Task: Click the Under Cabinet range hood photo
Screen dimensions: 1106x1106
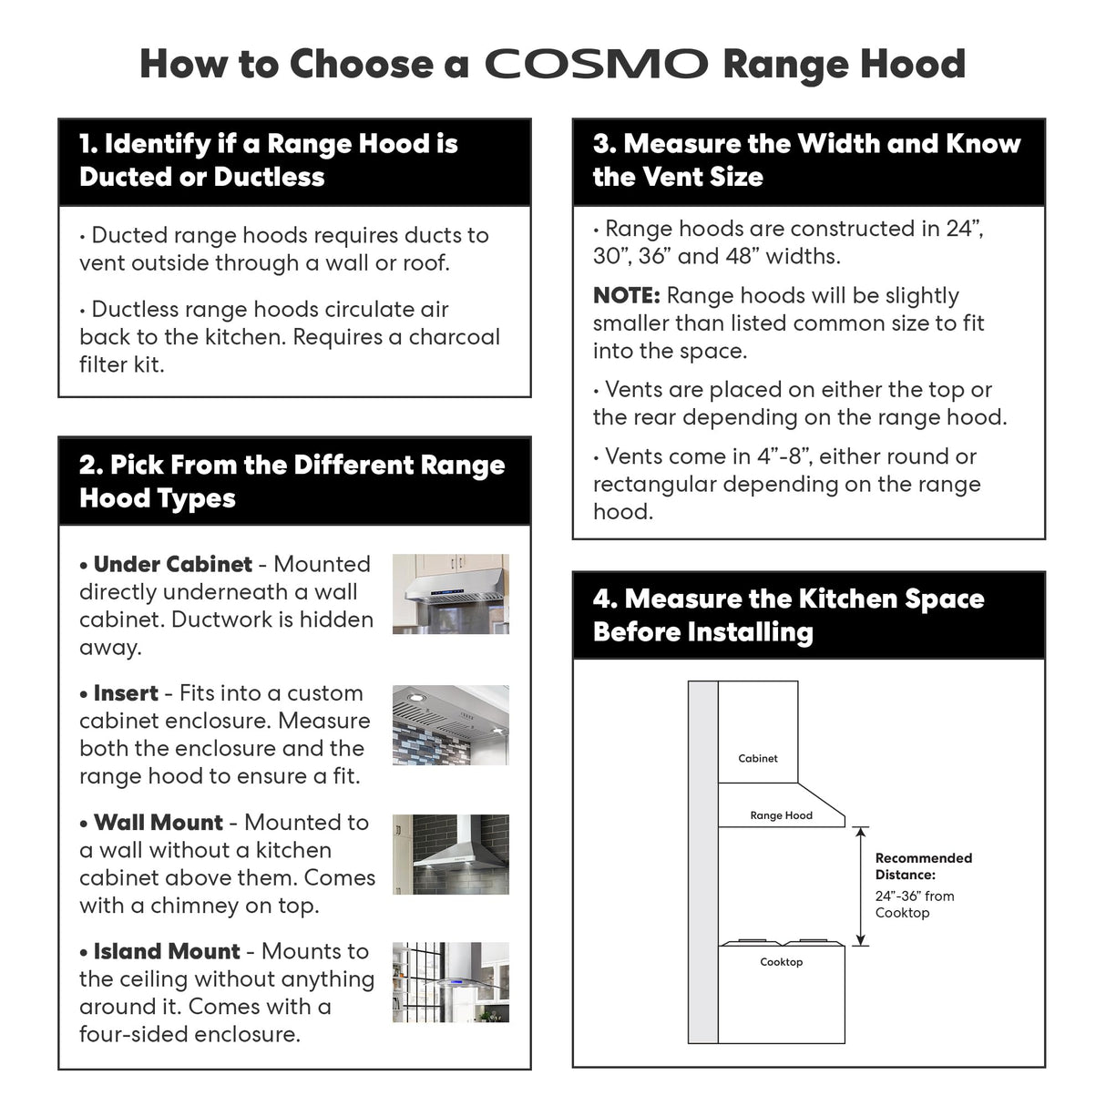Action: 450,594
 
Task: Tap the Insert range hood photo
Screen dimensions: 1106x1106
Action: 450,724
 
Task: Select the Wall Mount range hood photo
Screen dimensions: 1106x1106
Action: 450,854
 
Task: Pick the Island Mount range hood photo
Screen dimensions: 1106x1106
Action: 450,982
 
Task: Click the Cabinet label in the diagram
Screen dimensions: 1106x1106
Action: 758,758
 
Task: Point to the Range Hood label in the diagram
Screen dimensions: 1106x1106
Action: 781,815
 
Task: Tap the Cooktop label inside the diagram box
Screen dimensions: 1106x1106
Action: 781,962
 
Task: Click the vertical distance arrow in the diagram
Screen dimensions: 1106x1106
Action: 861,886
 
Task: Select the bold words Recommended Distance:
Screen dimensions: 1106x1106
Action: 923,866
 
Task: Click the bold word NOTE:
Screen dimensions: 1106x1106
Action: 626,296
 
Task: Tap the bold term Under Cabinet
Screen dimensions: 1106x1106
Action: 172,565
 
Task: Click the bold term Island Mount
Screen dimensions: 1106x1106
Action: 166,952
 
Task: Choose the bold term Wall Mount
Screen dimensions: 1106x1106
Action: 158,823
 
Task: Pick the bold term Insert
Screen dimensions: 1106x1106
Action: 126,693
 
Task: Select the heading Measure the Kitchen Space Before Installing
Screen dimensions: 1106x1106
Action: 788,615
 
